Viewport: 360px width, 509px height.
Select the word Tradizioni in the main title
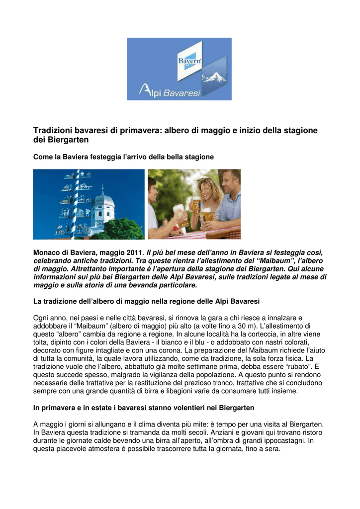(x=51, y=130)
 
